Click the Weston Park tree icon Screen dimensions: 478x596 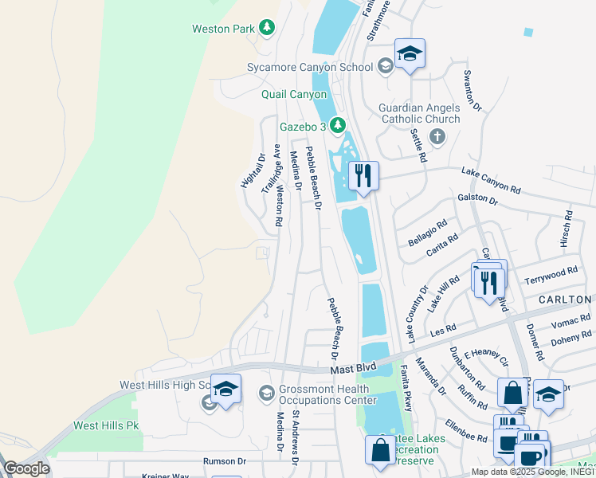(267, 29)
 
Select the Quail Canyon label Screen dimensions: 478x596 (294, 94)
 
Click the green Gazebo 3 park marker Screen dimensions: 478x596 (337, 125)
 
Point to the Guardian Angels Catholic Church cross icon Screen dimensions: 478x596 (436, 136)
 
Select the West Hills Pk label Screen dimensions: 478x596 (106, 425)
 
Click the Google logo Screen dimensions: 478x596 (26, 468)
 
